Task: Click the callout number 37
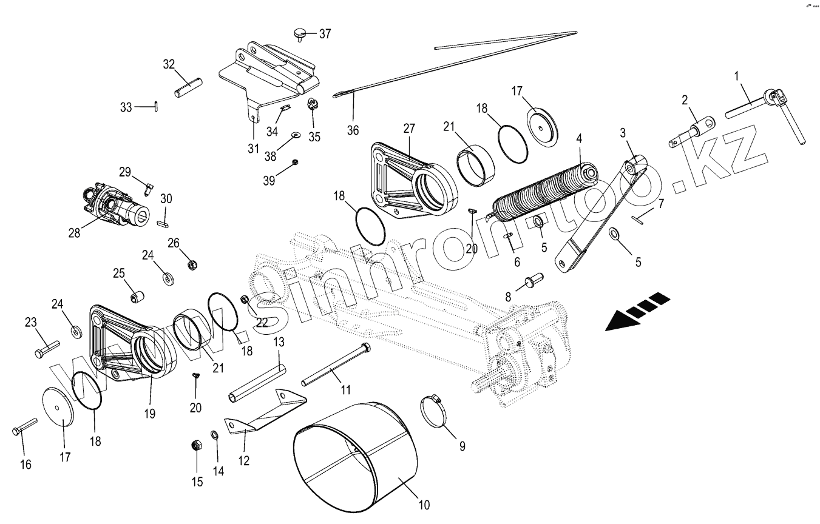coord(325,34)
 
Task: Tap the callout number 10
coord(424,505)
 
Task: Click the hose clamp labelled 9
coord(436,407)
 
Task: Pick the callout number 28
coord(74,232)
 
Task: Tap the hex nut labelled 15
coord(196,446)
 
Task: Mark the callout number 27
coord(408,128)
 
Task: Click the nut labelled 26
coord(192,264)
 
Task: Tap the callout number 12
coord(243,460)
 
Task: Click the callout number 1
coord(737,76)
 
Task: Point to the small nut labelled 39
coord(294,162)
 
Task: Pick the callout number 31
coord(252,149)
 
